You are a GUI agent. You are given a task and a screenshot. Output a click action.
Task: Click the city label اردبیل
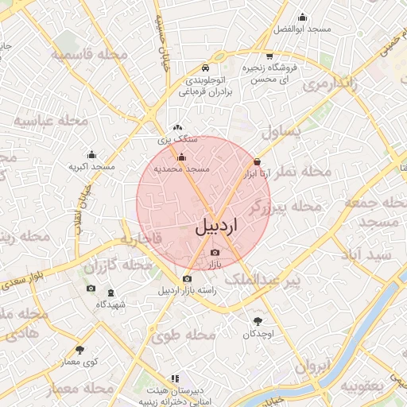point(216,225)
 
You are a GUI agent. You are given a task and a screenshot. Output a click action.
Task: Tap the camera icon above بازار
point(215,253)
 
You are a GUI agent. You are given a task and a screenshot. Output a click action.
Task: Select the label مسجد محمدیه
point(181,169)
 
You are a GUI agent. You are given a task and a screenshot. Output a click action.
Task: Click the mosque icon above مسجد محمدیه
point(181,157)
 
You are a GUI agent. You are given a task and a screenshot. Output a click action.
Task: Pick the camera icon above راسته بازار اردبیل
point(187,278)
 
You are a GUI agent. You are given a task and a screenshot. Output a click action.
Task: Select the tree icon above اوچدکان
point(258,321)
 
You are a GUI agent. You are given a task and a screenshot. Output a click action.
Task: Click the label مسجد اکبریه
point(92,167)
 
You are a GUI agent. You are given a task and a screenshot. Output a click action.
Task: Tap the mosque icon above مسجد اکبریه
point(92,155)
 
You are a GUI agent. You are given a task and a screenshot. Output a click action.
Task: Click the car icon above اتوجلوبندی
point(206,68)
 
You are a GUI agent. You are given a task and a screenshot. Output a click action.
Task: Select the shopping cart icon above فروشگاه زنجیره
point(269,56)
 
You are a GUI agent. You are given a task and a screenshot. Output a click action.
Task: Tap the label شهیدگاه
point(110,304)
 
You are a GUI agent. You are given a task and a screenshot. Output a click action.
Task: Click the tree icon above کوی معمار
point(79,350)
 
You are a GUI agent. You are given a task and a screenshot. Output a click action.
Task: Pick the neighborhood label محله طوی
point(188,336)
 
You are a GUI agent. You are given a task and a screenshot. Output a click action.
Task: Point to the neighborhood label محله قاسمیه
point(84,54)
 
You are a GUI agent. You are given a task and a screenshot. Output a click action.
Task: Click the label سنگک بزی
point(176,138)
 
